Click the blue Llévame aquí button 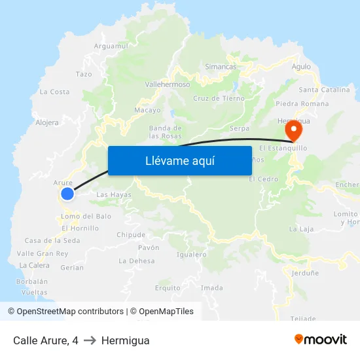(x=179, y=160)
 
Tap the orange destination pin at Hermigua (x=294, y=130)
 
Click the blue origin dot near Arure (x=67, y=193)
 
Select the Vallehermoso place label (x=167, y=84)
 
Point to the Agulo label (x=301, y=67)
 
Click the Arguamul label (x=111, y=46)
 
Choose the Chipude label (x=131, y=235)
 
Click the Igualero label (x=192, y=255)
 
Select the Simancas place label (x=221, y=67)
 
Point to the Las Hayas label (x=114, y=194)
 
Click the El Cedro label (x=263, y=179)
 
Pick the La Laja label (x=302, y=229)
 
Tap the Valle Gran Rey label (x=43, y=253)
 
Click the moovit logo (x=320, y=339)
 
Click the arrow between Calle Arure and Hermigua (x=90, y=340)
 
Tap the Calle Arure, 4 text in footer (x=45, y=340)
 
